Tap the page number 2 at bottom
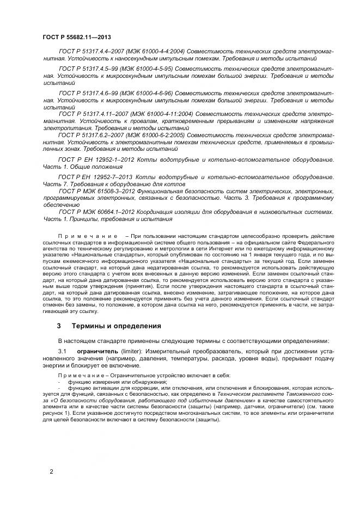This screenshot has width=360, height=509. (x=51, y=471)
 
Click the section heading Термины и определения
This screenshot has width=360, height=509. (x=117, y=326)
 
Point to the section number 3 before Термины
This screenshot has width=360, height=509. (x=58, y=326)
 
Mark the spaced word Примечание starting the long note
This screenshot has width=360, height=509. (x=88, y=235)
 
